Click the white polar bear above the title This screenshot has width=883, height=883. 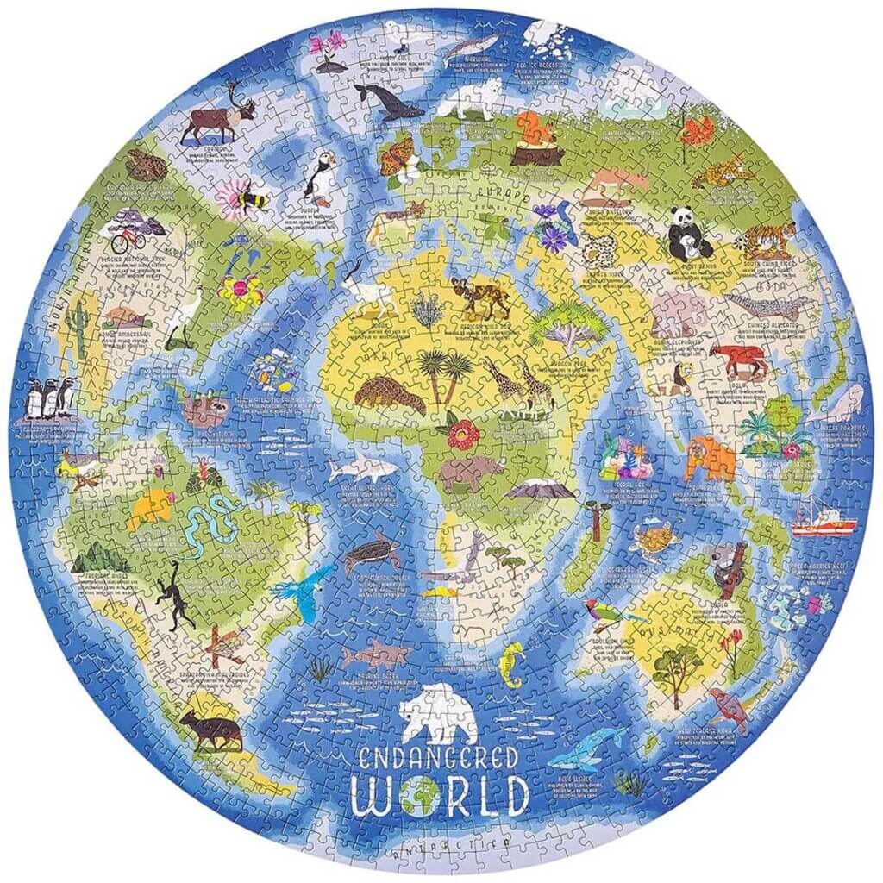click(x=440, y=712)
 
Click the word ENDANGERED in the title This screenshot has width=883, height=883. click(x=441, y=760)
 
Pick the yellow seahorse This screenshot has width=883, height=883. click(x=511, y=666)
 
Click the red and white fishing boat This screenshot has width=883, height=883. click(x=824, y=521)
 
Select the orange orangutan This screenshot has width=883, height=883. click(x=710, y=458)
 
